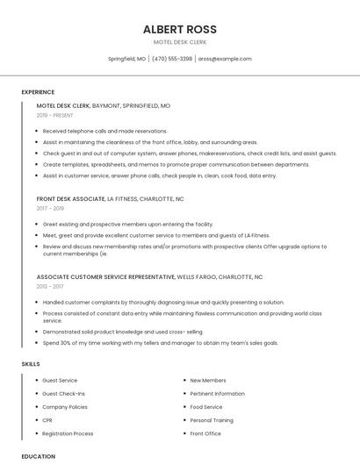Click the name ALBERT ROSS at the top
point(179,29)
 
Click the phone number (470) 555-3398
point(172,59)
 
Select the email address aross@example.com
point(225,59)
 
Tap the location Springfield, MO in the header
point(126,59)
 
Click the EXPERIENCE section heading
point(38,91)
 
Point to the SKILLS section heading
point(30,363)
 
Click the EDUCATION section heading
point(38,456)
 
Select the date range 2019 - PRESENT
point(55,115)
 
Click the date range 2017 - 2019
point(50,209)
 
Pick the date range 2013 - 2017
point(50,286)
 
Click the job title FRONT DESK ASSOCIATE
point(70,199)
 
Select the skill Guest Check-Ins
point(64,394)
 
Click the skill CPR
point(47,420)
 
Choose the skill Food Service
point(206,407)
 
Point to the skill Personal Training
point(212,420)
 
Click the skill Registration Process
point(68,433)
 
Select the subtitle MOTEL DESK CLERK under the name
point(179,42)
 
